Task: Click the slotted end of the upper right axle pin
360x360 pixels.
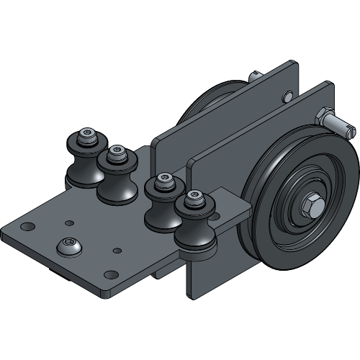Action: [348, 129]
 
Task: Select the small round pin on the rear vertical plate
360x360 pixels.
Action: [288, 94]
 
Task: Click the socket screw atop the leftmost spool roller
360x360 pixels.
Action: [88, 135]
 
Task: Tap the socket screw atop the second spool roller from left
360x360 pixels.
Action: [117, 153]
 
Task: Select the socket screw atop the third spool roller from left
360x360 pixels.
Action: [164, 179]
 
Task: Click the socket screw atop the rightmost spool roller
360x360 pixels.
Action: [192, 197]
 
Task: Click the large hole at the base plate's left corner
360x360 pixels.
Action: [27, 227]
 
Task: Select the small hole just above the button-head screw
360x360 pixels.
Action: [69, 223]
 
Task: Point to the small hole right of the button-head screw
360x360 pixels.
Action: [116, 250]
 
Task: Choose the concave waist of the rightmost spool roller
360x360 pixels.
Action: [195, 231]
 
